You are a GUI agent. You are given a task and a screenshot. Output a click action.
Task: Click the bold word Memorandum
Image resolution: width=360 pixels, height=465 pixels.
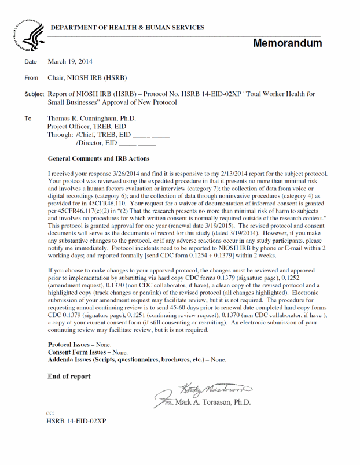pyautogui.click(x=287, y=43)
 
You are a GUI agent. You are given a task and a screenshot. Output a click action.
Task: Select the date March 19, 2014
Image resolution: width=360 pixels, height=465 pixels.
pyautogui.click(x=70, y=62)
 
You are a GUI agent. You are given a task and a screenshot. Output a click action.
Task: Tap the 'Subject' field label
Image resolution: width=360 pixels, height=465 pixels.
pyautogui.click(x=34, y=94)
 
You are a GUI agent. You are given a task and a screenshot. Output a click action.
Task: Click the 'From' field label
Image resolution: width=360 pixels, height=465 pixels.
pyautogui.click(x=31, y=78)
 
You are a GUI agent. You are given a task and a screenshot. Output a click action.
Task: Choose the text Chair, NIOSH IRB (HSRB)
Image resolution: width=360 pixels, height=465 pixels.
pyautogui.click(x=87, y=78)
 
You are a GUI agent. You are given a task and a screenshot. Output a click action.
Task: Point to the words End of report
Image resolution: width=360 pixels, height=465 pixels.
pyautogui.click(x=69, y=377)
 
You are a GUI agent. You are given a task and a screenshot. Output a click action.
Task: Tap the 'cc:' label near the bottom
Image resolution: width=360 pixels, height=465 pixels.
pyautogui.click(x=50, y=414)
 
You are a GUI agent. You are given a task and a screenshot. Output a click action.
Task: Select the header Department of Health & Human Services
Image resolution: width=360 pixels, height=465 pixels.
pyautogui.click(x=127, y=28)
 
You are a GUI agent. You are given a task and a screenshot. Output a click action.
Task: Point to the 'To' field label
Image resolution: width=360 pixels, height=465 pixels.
pyautogui.click(x=28, y=119)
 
